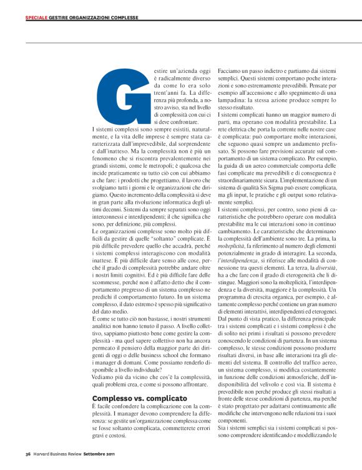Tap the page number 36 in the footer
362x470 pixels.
tap(28, 453)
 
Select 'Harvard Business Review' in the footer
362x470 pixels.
tap(61, 453)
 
